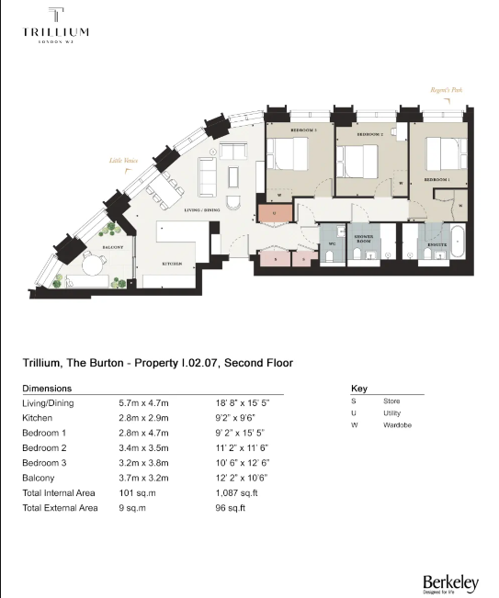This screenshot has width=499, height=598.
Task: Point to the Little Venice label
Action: tap(123, 161)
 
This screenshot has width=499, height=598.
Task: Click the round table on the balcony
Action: tap(92, 267)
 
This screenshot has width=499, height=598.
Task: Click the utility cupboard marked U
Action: tap(272, 212)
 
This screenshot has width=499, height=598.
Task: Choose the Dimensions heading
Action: tap(47, 389)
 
